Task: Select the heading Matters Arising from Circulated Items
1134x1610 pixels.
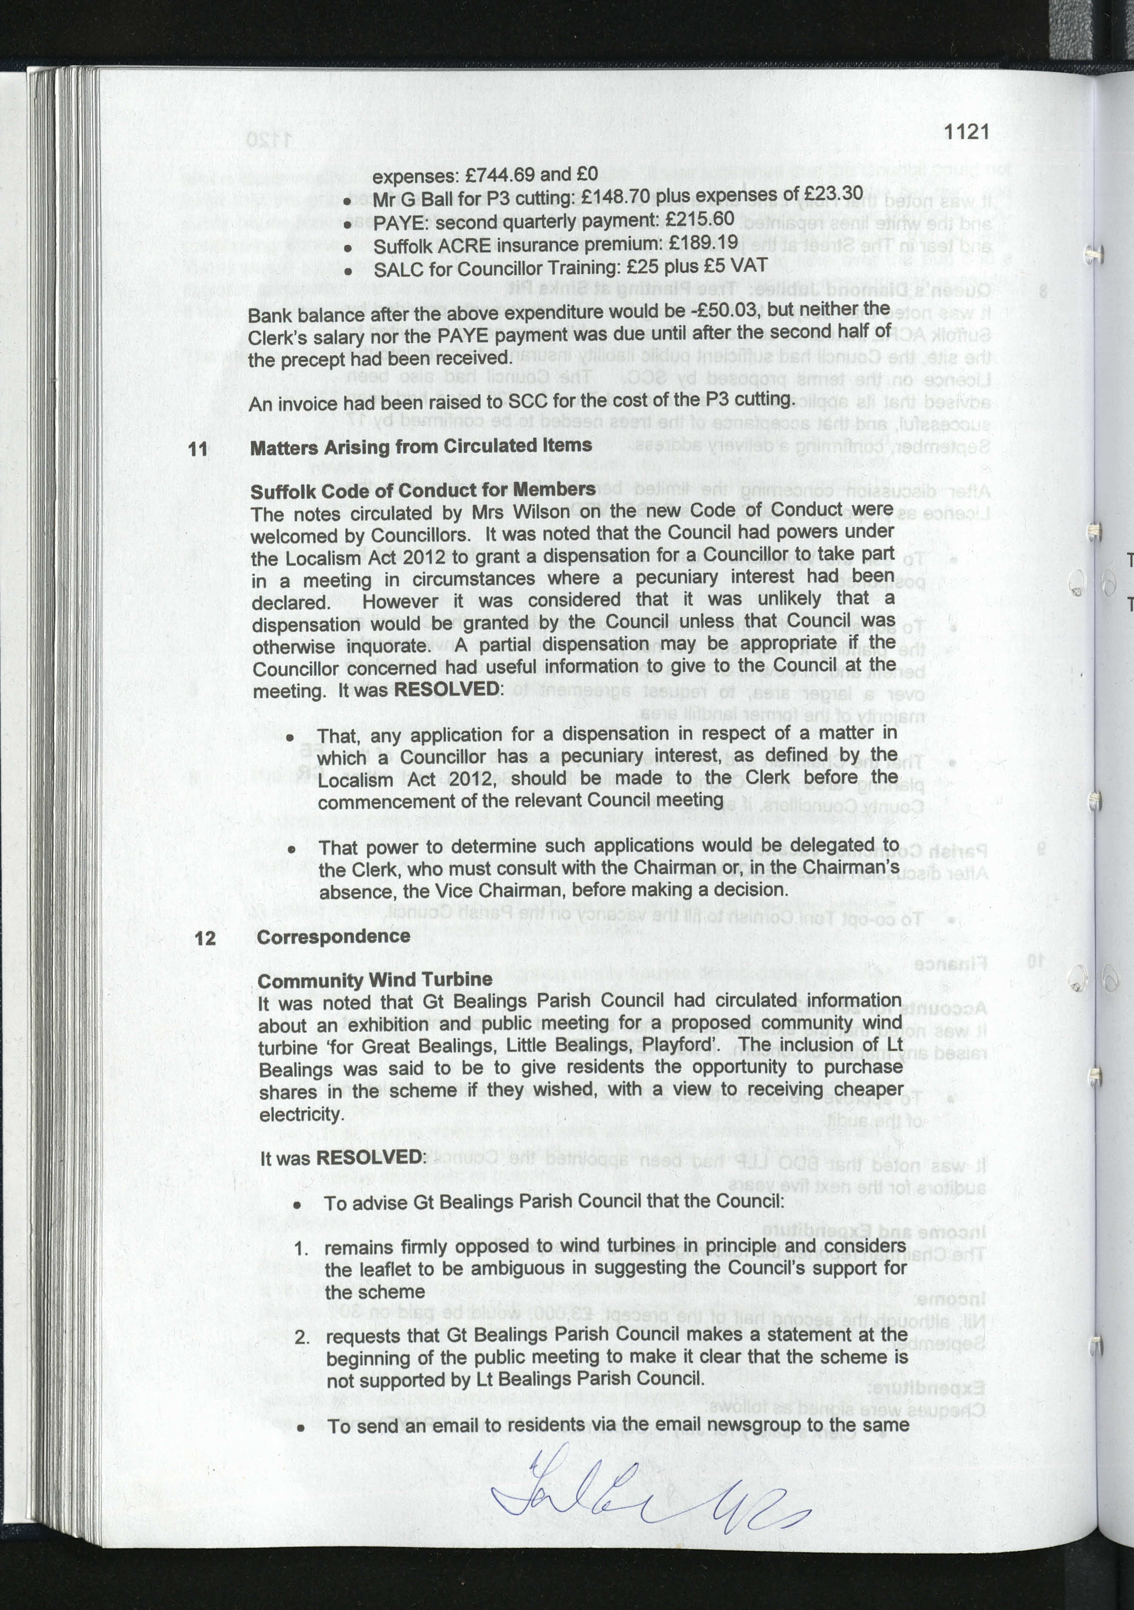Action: (x=420, y=446)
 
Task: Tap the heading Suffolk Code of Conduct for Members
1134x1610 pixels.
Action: (x=422, y=489)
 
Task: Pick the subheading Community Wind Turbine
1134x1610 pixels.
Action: (x=374, y=980)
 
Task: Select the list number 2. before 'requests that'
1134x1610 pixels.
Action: (x=302, y=1337)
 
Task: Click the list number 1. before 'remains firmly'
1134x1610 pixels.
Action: (x=301, y=1248)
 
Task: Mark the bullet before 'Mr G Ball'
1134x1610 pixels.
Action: (x=346, y=201)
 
